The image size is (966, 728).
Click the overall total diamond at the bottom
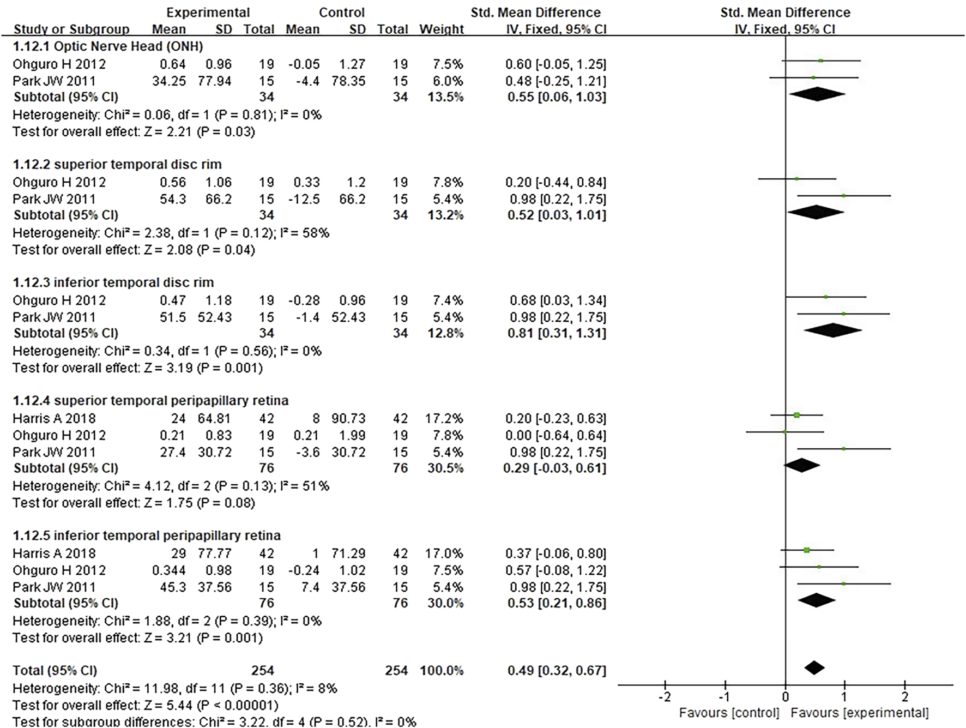(x=814, y=667)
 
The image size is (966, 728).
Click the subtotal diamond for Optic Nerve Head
(x=817, y=94)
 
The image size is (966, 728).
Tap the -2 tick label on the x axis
(x=664, y=697)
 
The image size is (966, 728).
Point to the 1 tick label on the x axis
(x=844, y=697)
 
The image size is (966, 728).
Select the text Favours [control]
(x=729, y=713)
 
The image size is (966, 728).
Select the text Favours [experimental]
(x=860, y=713)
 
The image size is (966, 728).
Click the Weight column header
(x=442, y=29)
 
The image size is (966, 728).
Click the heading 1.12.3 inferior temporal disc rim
(x=113, y=282)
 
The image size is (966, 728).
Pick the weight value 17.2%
(x=444, y=418)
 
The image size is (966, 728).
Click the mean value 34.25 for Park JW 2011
(x=169, y=81)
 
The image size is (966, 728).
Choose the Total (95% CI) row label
(x=55, y=671)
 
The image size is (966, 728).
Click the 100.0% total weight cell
(x=442, y=671)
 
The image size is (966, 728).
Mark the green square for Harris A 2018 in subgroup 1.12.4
(x=797, y=416)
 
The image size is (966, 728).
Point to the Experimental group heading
(x=208, y=13)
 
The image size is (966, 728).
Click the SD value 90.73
(x=348, y=418)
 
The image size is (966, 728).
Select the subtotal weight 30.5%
(x=445, y=468)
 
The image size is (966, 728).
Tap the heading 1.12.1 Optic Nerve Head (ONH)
(x=108, y=46)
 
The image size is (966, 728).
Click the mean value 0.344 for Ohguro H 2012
(x=169, y=570)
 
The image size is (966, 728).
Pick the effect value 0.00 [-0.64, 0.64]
(x=556, y=435)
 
